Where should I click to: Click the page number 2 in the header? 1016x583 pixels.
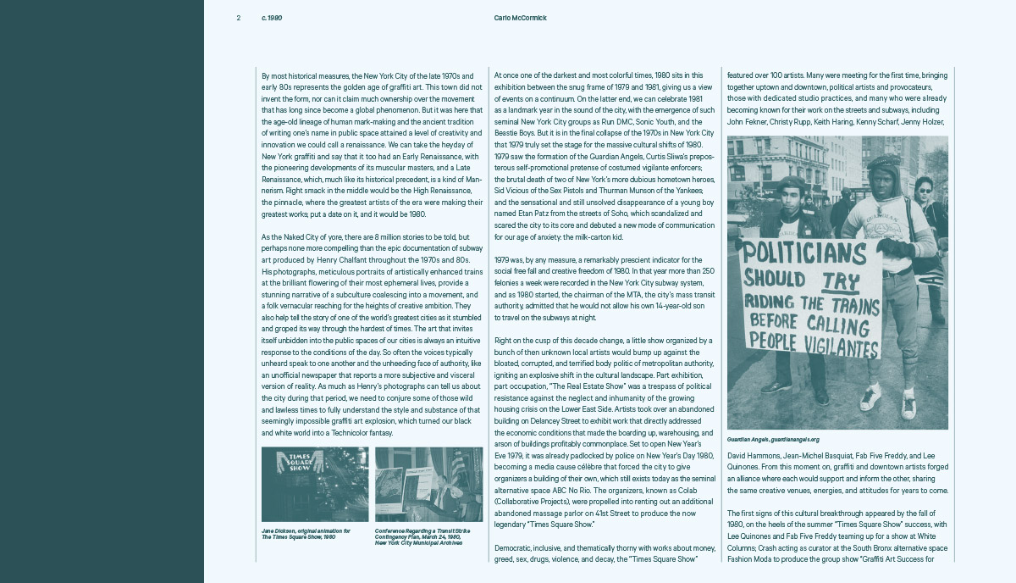click(x=239, y=18)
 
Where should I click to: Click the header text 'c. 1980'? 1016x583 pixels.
click(x=272, y=18)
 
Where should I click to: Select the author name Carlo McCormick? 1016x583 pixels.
click(x=520, y=18)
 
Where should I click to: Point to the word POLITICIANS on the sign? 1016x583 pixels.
click(x=804, y=252)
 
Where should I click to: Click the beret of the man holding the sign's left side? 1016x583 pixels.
click(x=792, y=182)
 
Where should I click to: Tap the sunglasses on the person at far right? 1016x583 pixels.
click(x=923, y=191)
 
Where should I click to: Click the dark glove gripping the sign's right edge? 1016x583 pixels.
click(x=894, y=248)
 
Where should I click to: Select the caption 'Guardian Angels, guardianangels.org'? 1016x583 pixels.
click(x=773, y=440)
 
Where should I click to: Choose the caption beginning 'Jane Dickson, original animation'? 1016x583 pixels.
click(x=306, y=534)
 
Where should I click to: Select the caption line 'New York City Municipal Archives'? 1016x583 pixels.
click(x=418, y=542)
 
